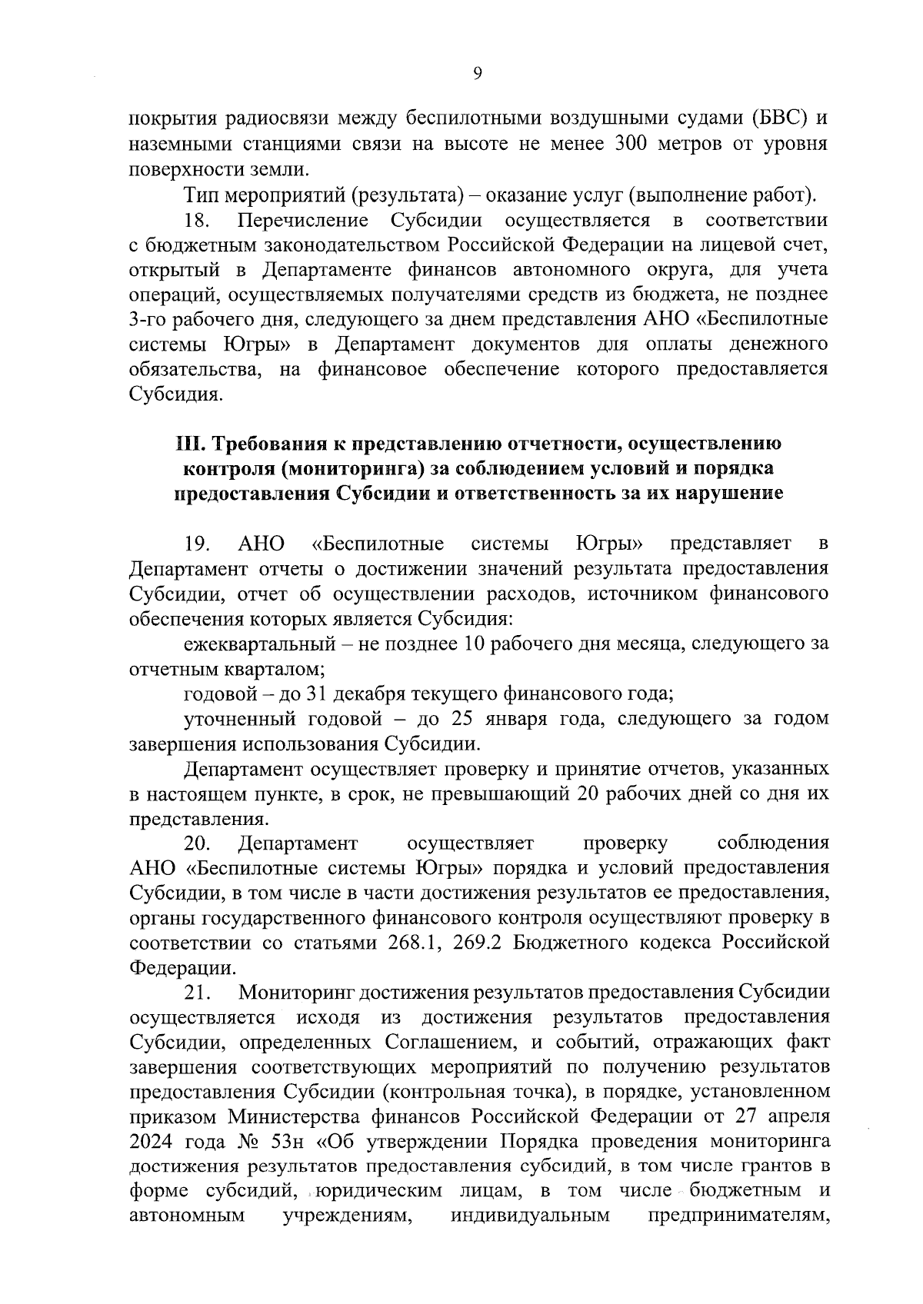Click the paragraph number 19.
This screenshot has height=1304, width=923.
tap(198, 544)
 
